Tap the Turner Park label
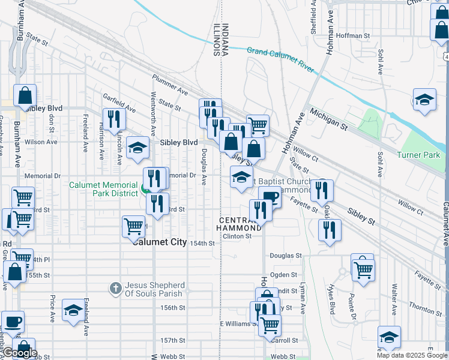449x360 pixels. [x=418, y=155]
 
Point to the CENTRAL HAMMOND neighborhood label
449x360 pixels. [x=240, y=223]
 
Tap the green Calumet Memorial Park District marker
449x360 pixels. [x=145, y=190]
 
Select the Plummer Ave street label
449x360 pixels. [x=170, y=86]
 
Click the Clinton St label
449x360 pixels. [x=237, y=236]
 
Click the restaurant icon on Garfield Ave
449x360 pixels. [x=113, y=118]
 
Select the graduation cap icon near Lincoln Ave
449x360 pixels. [x=138, y=149]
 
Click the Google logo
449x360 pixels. [x=20, y=353]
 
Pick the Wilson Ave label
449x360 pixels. [x=40, y=142]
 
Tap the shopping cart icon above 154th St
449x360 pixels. [x=133, y=226]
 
